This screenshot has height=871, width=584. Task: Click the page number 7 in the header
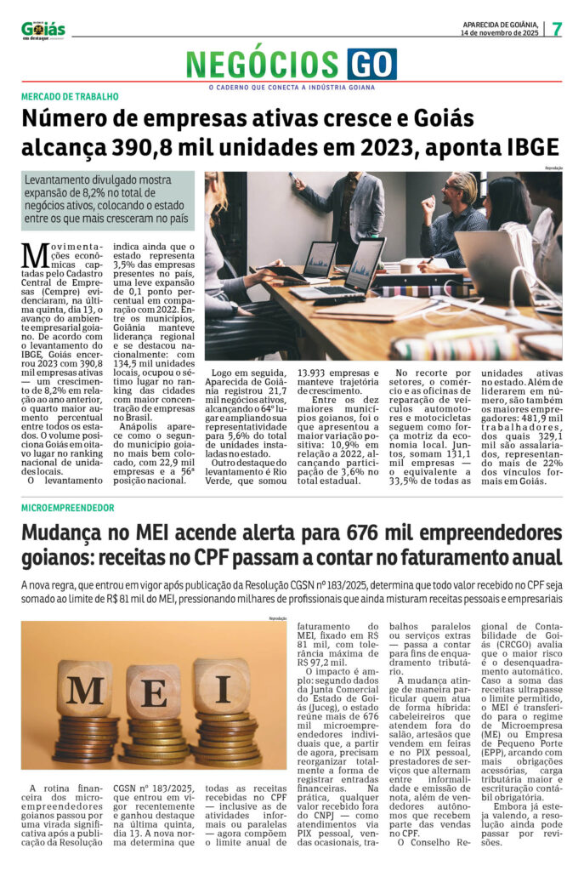[556, 28]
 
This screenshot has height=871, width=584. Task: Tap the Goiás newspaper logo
[43, 30]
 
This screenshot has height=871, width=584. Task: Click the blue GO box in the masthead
[371, 64]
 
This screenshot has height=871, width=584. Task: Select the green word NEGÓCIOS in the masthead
[264, 65]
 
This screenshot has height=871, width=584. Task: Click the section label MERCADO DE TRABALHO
[71, 97]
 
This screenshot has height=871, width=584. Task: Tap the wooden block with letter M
[84, 689]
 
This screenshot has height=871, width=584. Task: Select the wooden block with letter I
[221, 686]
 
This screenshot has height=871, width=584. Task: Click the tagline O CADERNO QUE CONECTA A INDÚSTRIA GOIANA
[292, 87]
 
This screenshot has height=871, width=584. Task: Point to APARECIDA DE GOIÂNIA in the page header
[500, 23]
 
